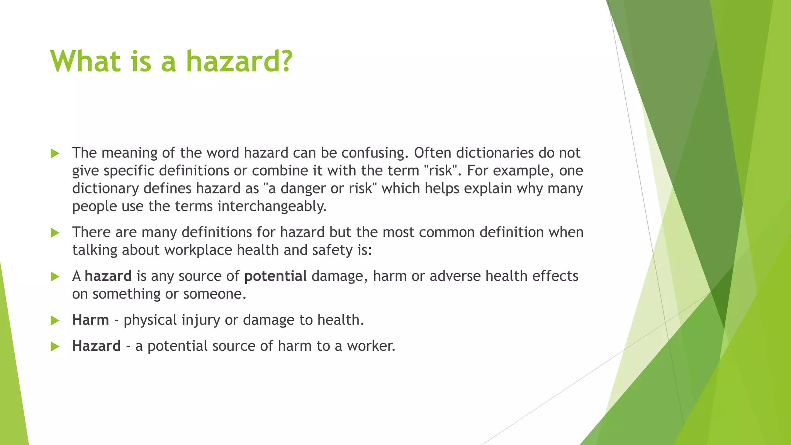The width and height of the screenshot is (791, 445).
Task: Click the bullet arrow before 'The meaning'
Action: click(x=55, y=154)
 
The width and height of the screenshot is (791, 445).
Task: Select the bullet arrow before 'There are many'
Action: click(x=55, y=233)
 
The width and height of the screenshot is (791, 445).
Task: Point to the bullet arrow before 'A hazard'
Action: click(x=55, y=277)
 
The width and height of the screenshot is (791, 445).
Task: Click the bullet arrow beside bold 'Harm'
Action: click(x=55, y=321)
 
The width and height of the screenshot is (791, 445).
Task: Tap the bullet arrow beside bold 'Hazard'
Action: click(x=55, y=346)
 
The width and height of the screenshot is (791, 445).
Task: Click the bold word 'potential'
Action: click(x=275, y=276)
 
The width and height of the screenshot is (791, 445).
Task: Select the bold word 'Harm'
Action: click(x=90, y=320)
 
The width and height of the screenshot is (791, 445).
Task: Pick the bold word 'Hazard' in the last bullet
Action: click(x=97, y=346)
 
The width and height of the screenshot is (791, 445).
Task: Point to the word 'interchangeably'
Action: click(x=272, y=207)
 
